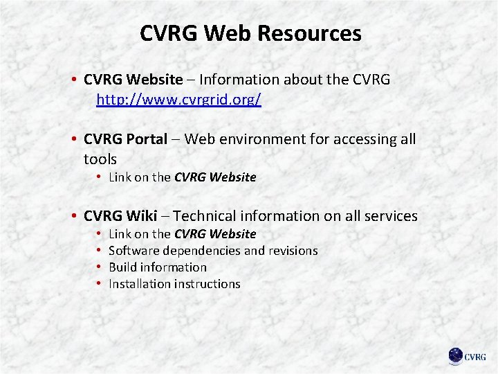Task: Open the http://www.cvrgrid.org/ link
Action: pos(178,100)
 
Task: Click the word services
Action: pos(389,216)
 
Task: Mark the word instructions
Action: pos(208,284)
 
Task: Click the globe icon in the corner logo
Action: pos(456,356)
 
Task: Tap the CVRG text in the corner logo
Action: pos(475,357)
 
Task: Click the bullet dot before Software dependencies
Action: pos(100,251)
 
